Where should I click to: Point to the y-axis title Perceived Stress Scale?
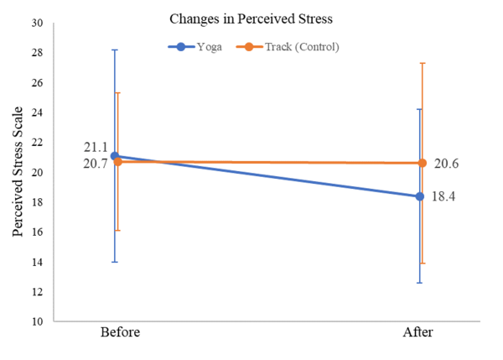tap(18, 171)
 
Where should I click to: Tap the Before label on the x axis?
tap(120, 333)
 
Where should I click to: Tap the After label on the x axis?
tap(419, 333)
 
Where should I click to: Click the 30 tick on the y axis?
tap(37, 23)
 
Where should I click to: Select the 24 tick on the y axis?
tap(37, 112)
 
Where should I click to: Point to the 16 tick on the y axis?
tap(37, 232)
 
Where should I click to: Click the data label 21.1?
tap(95, 148)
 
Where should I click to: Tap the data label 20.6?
tap(446, 164)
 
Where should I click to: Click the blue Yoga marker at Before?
tap(115, 155)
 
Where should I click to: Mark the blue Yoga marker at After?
tap(419, 196)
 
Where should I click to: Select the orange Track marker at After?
tap(422, 163)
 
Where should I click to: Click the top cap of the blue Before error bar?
tap(115, 50)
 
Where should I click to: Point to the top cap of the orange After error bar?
tap(422, 63)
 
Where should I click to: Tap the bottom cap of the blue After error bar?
tap(419, 283)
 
